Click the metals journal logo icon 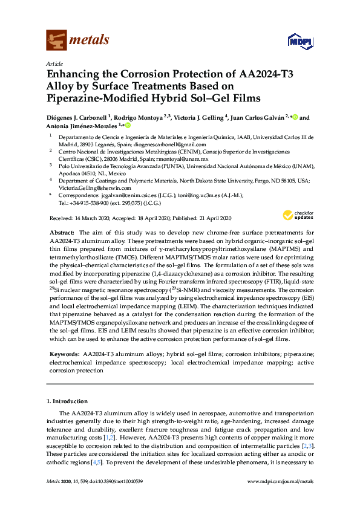pos(57,40)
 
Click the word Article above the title pos(54,63)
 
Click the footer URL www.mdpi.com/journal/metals pos(280,498)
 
